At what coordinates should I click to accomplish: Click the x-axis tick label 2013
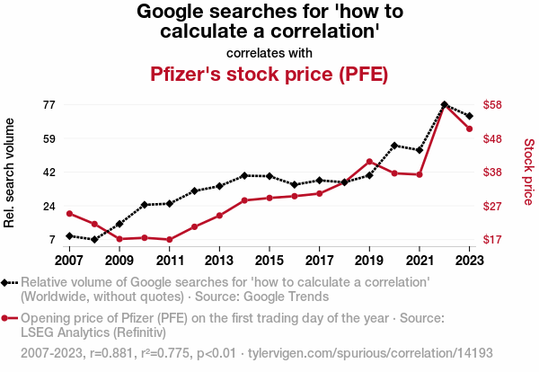tap(219, 261)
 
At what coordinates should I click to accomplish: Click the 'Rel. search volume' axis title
tap(11, 173)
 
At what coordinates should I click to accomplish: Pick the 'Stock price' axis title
tap(528, 171)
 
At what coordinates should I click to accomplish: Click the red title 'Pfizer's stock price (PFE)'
tap(269, 74)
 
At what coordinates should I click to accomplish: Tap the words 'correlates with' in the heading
tap(269, 52)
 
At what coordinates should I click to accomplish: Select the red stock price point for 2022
tap(445, 106)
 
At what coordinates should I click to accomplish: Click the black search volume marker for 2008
tap(94, 240)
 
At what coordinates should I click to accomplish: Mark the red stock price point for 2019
tap(369, 162)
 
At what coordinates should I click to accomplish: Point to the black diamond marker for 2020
tap(394, 145)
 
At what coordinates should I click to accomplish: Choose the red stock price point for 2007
tap(69, 213)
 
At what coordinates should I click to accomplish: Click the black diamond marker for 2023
tap(470, 116)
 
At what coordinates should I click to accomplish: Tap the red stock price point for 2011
tap(169, 240)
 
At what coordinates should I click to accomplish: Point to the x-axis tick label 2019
tap(369, 261)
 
